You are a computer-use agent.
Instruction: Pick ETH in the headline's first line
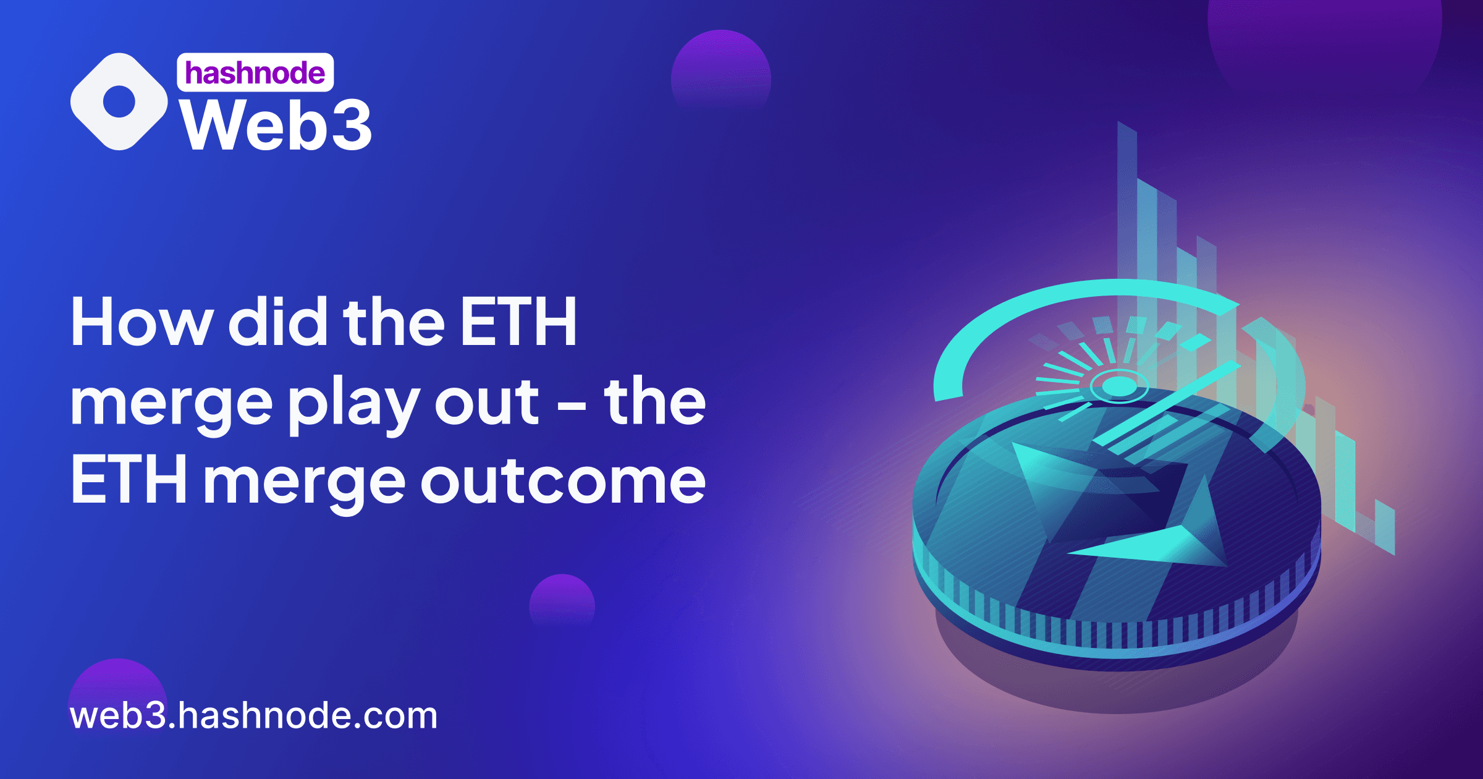click(518, 321)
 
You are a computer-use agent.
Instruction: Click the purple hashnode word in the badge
click(255, 73)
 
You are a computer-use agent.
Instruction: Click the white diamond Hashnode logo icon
click(119, 101)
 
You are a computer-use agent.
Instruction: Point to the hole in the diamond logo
click(119, 101)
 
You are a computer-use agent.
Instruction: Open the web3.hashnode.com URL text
click(253, 716)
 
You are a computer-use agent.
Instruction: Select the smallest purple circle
click(562, 603)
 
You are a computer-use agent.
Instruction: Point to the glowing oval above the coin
click(1119, 387)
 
